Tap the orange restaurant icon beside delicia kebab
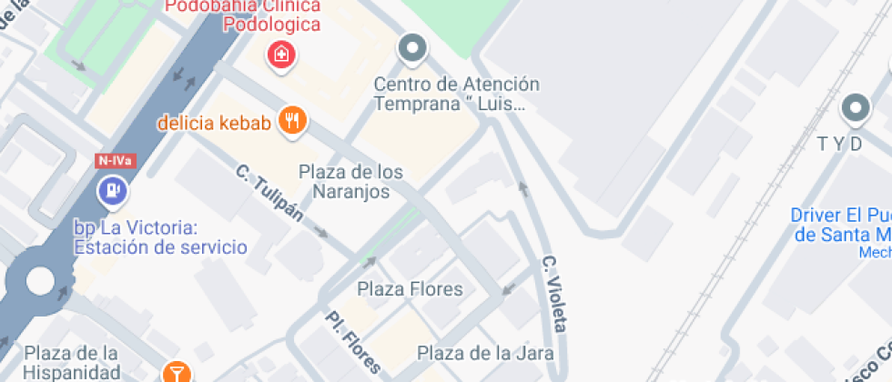click(x=292, y=121)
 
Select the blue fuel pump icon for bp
click(x=113, y=192)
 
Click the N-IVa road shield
click(x=116, y=161)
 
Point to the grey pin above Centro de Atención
click(x=413, y=48)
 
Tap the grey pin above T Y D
click(x=855, y=109)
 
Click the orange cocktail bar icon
click(x=177, y=373)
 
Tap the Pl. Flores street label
click(x=353, y=342)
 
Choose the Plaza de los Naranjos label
click(x=351, y=182)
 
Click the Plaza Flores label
click(x=410, y=290)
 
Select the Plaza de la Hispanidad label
click(x=73, y=362)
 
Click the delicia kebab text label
click(x=215, y=123)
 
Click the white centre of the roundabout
click(x=40, y=280)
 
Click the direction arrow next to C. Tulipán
click(x=321, y=233)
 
